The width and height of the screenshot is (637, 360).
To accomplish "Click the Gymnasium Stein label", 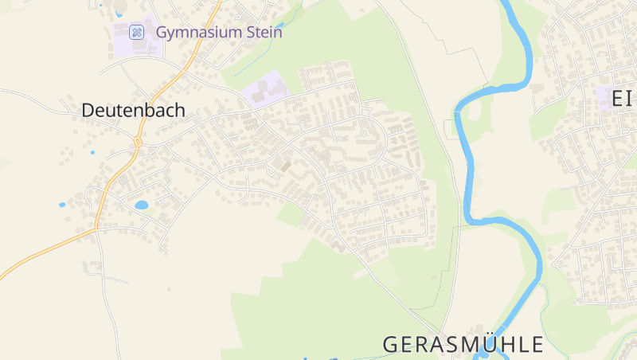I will click(219, 33).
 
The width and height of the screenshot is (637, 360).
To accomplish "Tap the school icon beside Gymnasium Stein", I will click(137, 33).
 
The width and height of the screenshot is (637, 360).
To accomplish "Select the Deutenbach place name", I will click(133, 111).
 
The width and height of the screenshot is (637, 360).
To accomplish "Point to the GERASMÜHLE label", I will click(463, 345).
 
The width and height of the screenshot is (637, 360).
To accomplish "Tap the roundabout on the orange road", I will click(138, 142).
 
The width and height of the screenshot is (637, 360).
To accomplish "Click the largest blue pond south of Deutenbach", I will click(142, 205).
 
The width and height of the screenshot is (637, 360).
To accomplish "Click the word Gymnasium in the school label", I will click(199, 33).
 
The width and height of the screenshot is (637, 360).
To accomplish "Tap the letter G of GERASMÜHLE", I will click(390, 345).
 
